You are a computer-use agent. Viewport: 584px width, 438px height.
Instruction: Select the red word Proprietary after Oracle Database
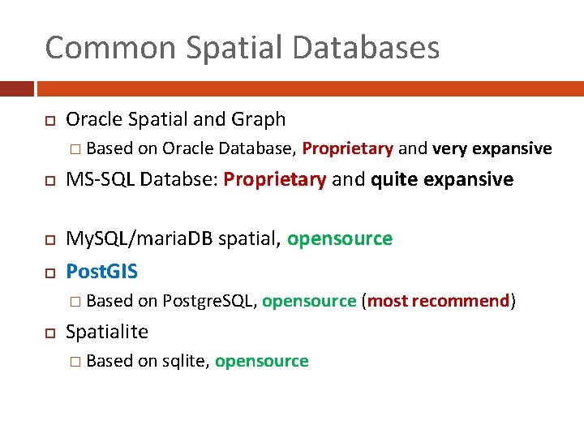coord(347,148)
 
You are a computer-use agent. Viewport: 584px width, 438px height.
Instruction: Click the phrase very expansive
coord(492,148)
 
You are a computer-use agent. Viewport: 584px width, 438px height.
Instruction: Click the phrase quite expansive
coord(442,179)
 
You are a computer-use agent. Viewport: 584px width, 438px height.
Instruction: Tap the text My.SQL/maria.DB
coord(140,238)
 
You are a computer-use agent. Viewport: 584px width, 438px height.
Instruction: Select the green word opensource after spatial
coord(340,238)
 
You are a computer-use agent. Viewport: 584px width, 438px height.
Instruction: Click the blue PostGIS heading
coord(101,269)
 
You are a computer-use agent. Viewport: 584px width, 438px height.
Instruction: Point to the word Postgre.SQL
coord(210,301)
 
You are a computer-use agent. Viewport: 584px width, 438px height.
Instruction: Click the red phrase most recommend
coord(439,301)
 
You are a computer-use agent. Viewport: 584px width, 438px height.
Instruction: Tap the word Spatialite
coord(107,332)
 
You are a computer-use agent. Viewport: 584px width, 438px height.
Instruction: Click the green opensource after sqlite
coord(261,361)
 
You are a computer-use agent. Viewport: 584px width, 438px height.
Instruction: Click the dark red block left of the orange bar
coord(16,88)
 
